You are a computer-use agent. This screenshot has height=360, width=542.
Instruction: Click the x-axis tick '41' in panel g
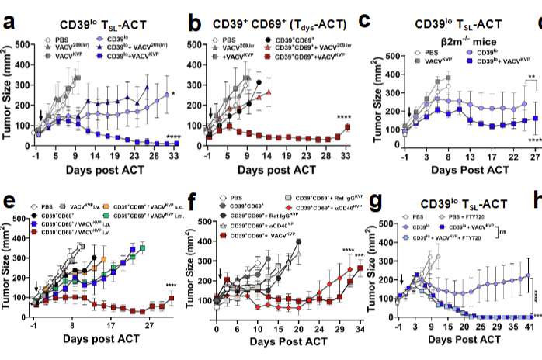[530, 328]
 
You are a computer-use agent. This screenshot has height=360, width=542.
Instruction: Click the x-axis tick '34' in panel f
[359, 328]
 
